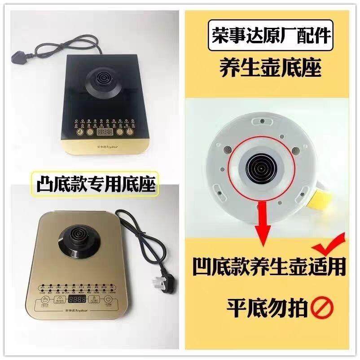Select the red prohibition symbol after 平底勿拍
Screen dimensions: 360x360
322,308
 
